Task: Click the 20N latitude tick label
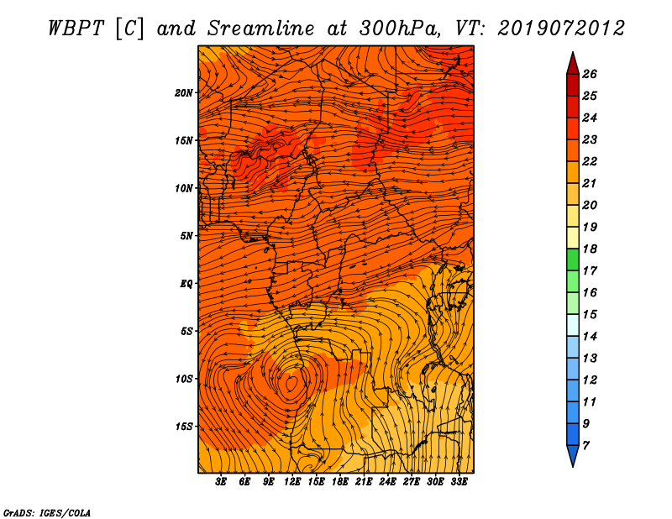184,93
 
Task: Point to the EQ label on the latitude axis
186,284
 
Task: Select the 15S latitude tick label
184,427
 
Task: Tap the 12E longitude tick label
292,482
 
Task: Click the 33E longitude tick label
459,482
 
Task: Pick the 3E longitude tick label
221,482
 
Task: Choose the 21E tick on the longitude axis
364,482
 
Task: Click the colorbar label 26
590,74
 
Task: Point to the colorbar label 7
585,446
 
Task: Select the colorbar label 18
590,249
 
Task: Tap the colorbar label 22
590,161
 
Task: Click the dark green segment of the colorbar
573,259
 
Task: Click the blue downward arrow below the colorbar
573,455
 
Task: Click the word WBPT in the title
76,29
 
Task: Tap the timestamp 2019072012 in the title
561,29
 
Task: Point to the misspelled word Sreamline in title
261,29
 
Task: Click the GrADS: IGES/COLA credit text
47,513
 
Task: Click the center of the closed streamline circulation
291,383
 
